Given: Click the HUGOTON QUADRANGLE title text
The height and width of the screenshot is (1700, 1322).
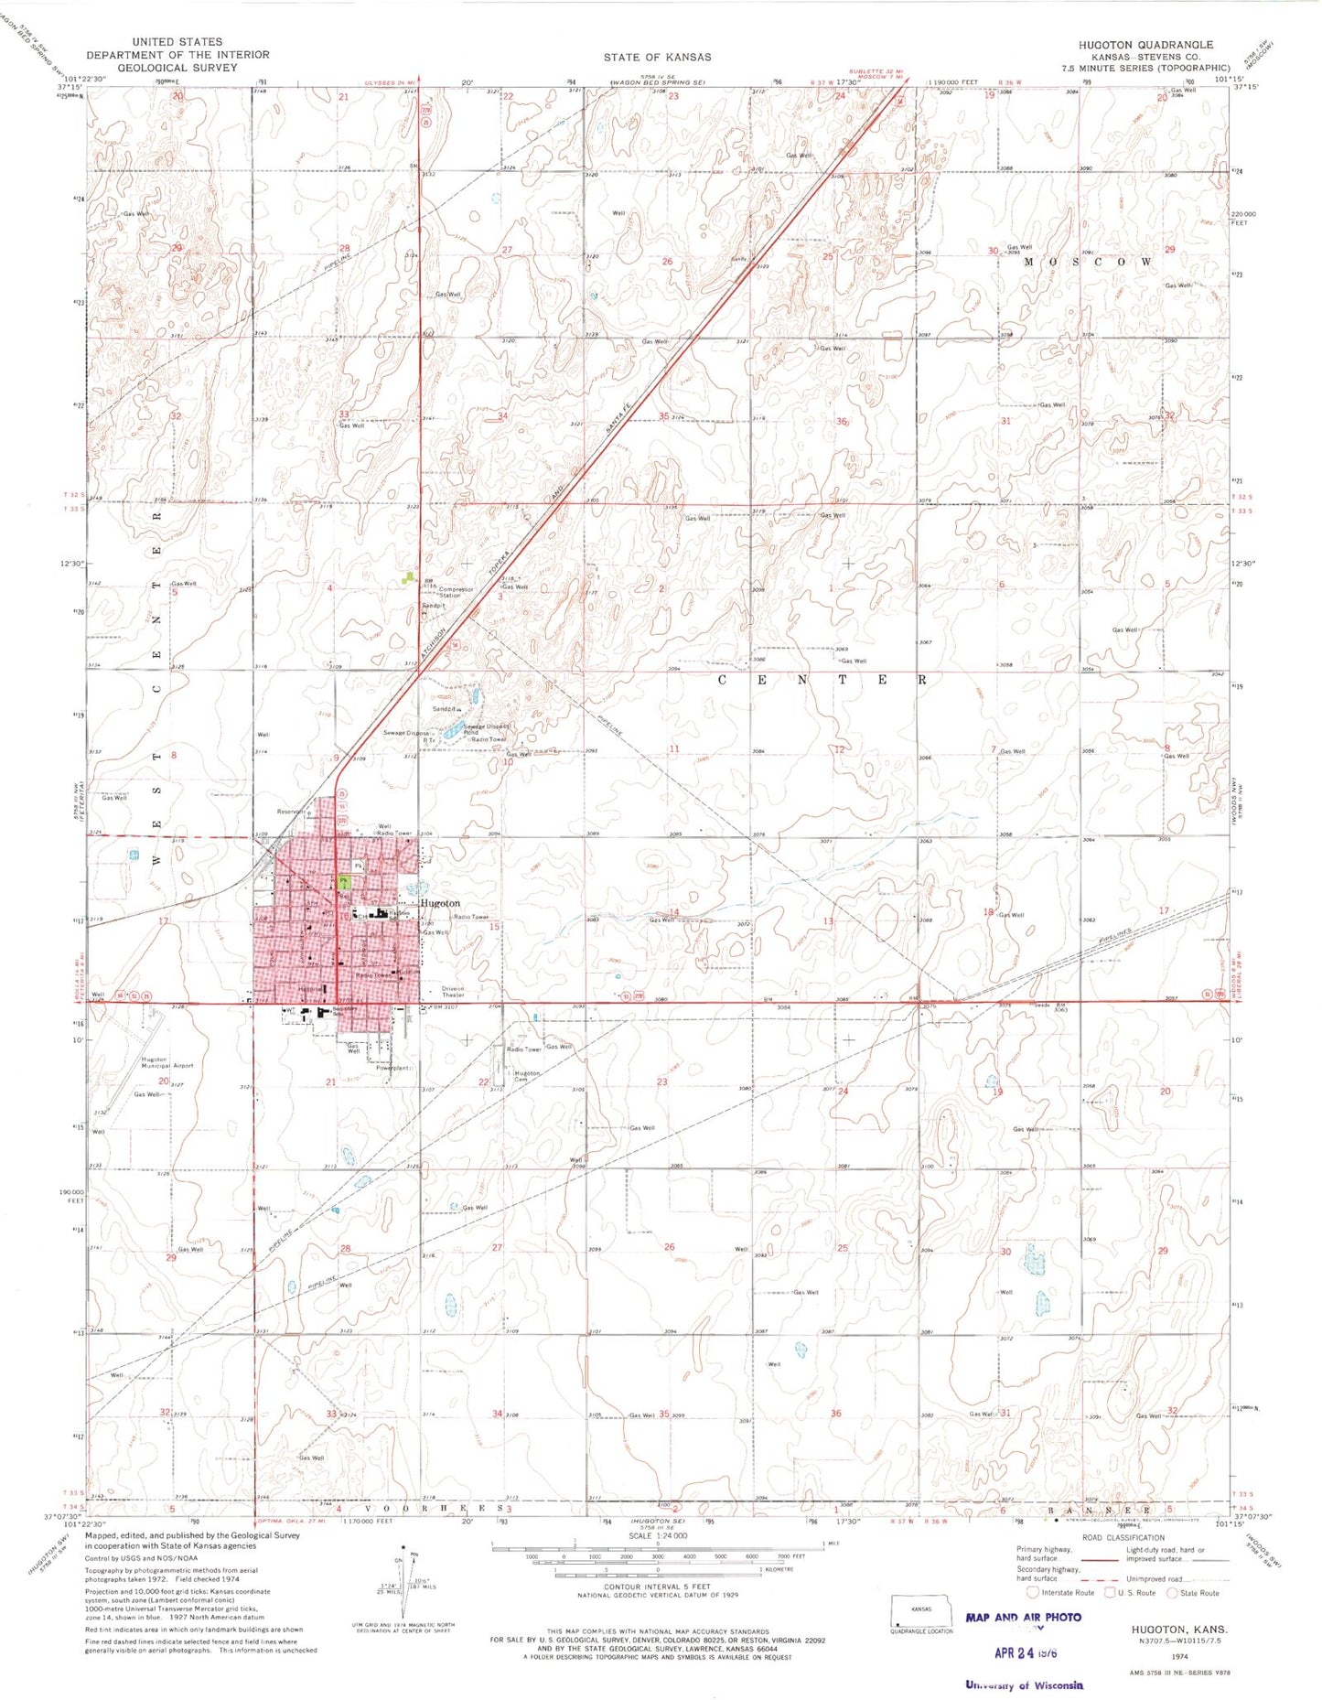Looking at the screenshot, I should click(x=1145, y=44).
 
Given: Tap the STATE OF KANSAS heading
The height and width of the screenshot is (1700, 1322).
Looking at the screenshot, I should click(x=657, y=57).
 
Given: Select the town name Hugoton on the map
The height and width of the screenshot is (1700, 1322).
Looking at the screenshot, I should click(x=440, y=903).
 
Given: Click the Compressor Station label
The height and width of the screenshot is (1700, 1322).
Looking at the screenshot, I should click(x=456, y=592).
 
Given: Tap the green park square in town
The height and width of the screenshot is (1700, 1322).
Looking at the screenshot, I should click(x=343, y=881).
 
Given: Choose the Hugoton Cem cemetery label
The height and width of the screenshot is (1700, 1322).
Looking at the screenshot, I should click(x=527, y=1076).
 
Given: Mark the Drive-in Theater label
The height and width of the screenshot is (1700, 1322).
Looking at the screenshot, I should click(x=454, y=992).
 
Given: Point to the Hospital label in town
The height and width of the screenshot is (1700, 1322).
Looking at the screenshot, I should click(x=312, y=989).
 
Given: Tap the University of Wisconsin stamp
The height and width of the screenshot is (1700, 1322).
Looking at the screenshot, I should click(x=1024, y=1684).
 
